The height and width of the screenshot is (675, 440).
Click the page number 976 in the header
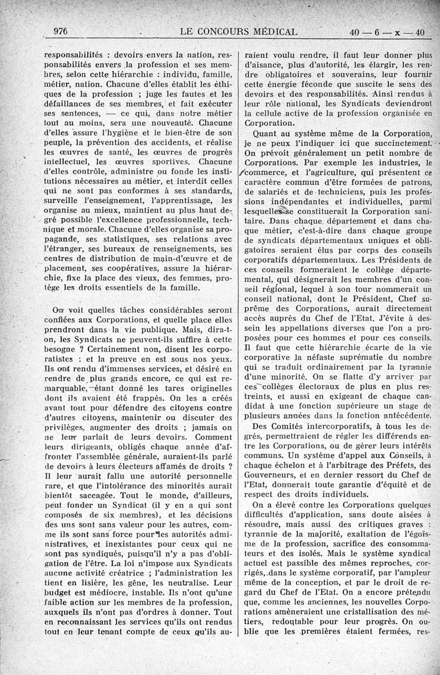pos(57,31)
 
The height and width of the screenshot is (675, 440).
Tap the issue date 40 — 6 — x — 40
pos(388,32)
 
